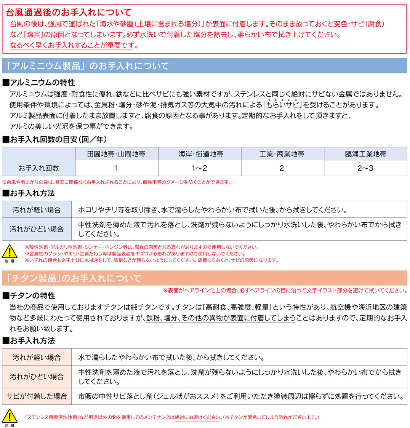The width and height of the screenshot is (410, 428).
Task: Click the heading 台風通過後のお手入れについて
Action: [69, 13]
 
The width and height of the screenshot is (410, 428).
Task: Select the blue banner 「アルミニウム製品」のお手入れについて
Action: [86, 66]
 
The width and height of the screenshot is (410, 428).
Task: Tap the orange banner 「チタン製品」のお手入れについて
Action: [72, 278]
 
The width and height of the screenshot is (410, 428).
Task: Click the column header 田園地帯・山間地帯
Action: [116, 154]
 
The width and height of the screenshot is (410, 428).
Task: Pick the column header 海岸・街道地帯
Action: [199, 154]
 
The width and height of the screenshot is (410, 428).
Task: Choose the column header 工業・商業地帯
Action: [282, 154]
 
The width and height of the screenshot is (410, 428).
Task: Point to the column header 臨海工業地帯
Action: [365, 154]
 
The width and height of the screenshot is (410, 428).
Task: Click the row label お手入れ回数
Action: [39, 168]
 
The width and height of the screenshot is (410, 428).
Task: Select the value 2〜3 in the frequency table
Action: [365, 168]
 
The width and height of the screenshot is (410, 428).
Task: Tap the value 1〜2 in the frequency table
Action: [199, 168]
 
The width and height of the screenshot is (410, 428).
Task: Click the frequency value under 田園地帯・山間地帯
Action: [116, 168]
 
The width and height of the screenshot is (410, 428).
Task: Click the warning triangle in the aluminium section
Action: [10, 251]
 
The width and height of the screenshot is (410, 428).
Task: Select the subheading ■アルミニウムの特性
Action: [39, 82]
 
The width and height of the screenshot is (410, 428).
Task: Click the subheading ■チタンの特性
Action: [29, 295]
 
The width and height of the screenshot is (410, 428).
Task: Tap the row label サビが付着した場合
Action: [37, 396]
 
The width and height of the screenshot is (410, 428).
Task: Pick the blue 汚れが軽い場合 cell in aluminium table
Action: [37, 209]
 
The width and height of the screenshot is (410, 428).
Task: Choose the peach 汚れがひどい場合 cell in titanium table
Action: [37, 377]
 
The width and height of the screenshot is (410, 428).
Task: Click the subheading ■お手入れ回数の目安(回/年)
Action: [54, 139]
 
